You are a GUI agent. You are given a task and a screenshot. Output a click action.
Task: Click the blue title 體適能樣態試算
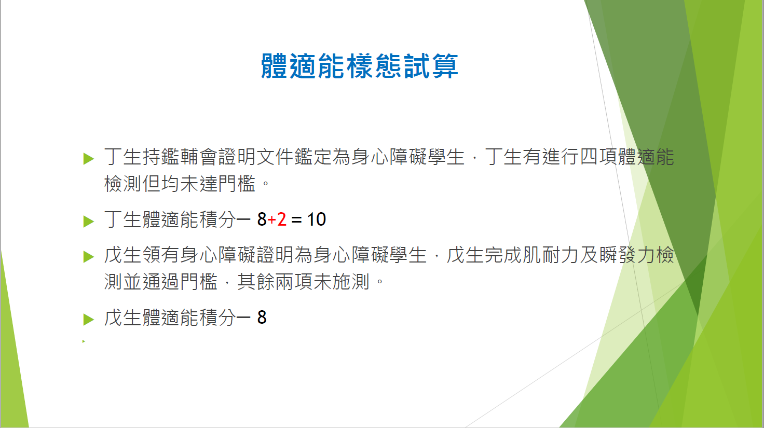[x=360, y=66]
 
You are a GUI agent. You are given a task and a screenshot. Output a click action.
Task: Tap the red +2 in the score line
[x=277, y=219]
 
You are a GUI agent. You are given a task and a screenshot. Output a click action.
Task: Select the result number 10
[x=317, y=219]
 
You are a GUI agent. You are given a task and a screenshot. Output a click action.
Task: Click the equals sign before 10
[x=296, y=220]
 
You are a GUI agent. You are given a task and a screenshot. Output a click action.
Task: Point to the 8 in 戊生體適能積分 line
[x=262, y=317]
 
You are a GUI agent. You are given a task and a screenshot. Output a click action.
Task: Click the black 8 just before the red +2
[x=262, y=219]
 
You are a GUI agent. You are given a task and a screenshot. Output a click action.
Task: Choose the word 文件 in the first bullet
[x=275, y=157]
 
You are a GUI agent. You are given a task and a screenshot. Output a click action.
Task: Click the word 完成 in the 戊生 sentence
[x=503, y=255]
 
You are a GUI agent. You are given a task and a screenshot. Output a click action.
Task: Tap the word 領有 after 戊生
[x=161, y=255]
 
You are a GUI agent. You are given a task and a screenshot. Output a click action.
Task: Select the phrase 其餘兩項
[x=275, y=282]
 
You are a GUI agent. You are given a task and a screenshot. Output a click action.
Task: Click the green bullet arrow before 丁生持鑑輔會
[x=88, y=159]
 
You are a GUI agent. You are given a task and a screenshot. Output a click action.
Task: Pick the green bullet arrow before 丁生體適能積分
[x=88, y=222]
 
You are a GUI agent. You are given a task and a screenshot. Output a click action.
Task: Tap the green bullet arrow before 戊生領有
[x=88, y=257]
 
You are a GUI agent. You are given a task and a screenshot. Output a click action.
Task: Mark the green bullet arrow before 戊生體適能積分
[x=88, y=320]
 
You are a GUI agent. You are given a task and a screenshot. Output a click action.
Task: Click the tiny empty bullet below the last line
[x=84, y=341]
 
